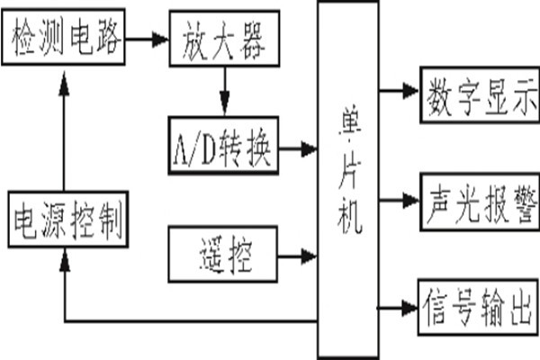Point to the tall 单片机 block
(x=347, y=180)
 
